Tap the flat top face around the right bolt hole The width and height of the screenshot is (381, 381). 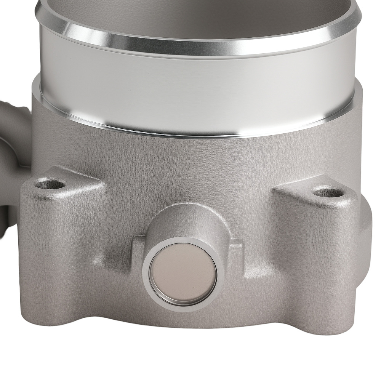point(305,190)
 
